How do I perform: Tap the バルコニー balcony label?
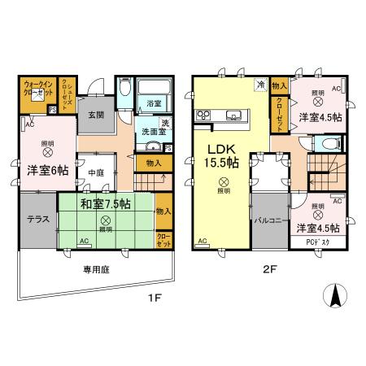[268, 220]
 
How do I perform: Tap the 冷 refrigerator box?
[260, 84]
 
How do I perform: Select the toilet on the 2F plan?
[328, 142]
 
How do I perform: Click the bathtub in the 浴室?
[150, 89]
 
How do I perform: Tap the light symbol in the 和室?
[104, 220]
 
